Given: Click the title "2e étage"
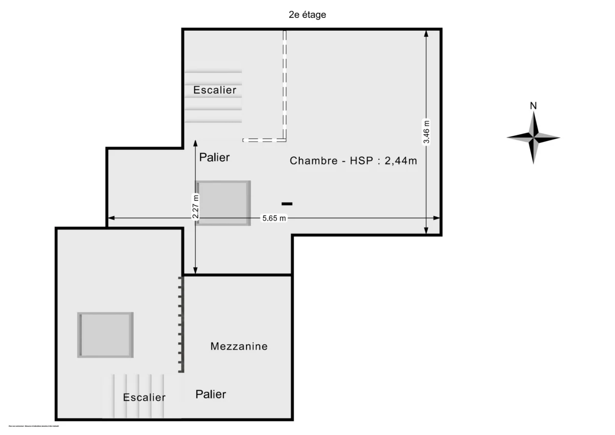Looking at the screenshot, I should (307, 15).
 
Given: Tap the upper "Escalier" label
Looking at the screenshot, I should (215, 90).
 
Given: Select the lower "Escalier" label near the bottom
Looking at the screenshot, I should (144, 398).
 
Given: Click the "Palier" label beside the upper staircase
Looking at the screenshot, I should (214, 157).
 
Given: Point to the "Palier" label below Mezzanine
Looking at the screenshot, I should (211, 394).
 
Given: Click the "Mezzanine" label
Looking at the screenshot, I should (239, 346).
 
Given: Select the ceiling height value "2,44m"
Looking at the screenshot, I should (401, 160).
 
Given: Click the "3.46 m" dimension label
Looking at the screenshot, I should (426, 132).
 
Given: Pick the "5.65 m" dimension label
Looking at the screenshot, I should (274, 219).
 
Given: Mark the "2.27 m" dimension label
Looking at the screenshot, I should (195, 206).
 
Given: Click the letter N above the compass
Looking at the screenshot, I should (533, 106).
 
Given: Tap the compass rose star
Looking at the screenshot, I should (533, 137).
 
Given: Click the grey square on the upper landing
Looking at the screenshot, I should (223, 203).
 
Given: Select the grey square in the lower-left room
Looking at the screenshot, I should (106, 335).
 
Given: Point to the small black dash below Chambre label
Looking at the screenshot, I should (287, 204).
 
